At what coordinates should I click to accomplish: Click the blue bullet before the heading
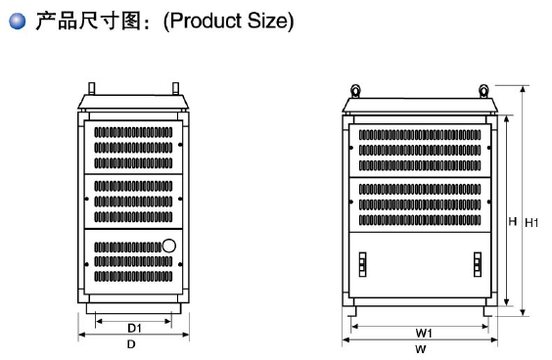pyautogui.click(x=15, y=21)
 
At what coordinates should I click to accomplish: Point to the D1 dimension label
pyautogui.click(x=135, y=327)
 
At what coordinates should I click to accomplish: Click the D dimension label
pyautogui.click(x=131, y=345)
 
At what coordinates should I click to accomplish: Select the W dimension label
pyautogui.click(x=420, y=349)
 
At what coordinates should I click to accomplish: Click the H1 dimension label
pyautogui.click(x=532, y=223)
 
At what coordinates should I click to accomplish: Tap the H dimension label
pyautogui.click(x=511, y=222)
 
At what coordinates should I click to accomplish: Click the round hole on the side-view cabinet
pyautogui.click(x=168, y=247)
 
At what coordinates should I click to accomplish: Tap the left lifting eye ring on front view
pyautogui.click(x=355, y=91)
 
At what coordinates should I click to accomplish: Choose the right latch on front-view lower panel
pyautogui.click(x=478, y=264)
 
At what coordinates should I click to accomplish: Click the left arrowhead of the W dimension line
pyautogui.click(x=345, y=340)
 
